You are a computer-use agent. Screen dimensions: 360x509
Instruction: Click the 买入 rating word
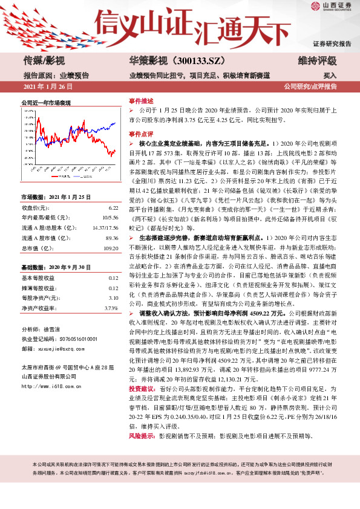click(330, 76)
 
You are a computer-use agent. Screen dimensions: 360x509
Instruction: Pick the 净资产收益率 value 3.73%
click(111, 308)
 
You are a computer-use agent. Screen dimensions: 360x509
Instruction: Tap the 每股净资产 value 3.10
click(113, 298)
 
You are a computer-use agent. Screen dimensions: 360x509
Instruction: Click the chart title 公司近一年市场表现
click(45, 103)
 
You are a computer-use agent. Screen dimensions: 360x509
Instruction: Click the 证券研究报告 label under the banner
click(332, 44)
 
